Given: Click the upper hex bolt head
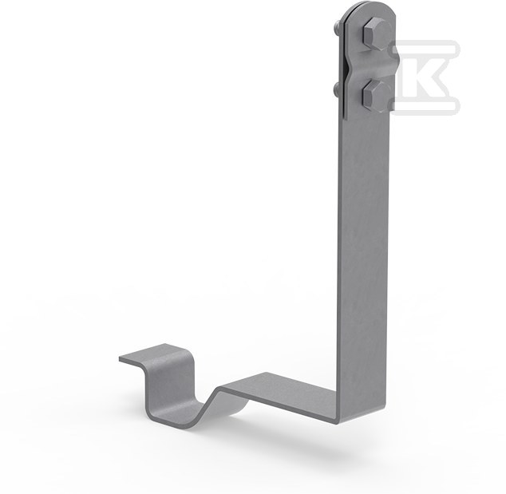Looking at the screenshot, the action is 375,34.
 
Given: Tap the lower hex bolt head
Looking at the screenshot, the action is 375,94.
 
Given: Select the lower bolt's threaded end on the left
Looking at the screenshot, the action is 336,89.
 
